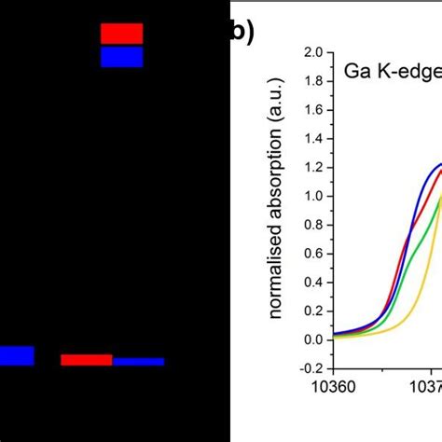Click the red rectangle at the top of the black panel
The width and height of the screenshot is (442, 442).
pos(121,34)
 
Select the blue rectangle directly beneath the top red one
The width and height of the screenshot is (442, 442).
pos(121,57)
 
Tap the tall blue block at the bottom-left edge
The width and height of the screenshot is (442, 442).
pos(17,355)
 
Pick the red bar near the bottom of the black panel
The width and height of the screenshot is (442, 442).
pos(87,360)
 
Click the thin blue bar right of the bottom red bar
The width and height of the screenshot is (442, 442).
pos(138,361)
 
